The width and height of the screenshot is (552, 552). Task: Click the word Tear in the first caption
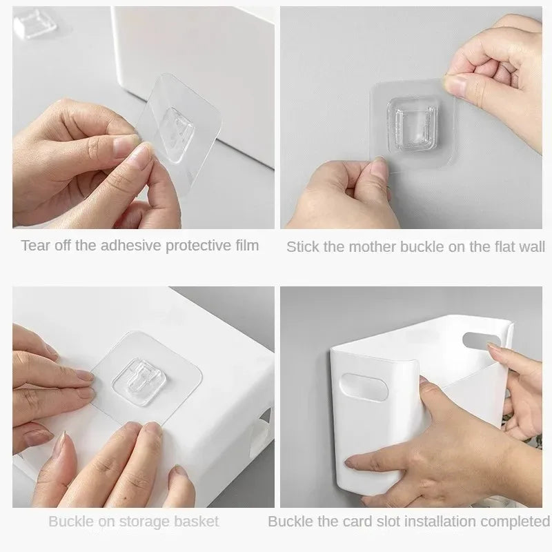point(34,245)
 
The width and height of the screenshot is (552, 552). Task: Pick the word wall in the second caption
point(531,246)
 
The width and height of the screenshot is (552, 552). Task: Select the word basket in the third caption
point(195,521)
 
